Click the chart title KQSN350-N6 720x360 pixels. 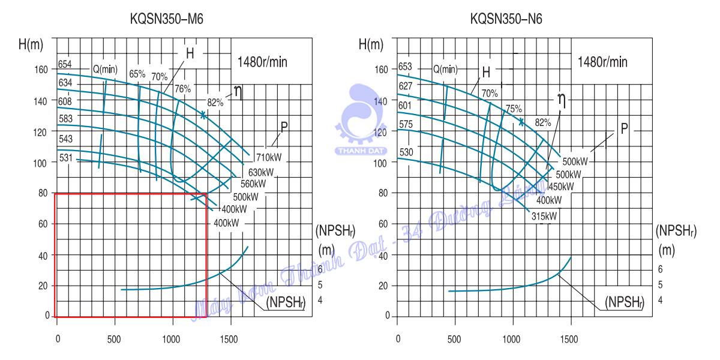(506, 19)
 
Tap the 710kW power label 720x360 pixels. (269, 158)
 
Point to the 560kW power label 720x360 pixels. (253, 184)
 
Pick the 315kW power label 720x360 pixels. (544, 216)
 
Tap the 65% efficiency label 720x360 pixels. (137, 74)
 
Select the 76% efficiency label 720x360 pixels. (182, 88)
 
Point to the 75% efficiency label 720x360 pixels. (514, 109)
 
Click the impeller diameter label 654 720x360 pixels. (65, 64)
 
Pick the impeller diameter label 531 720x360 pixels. (66, 158)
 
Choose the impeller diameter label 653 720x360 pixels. (405, 67)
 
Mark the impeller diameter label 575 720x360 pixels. (406, 124)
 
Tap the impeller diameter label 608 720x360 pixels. (65, 101)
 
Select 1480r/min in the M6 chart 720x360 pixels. (262, 62)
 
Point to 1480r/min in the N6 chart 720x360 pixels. (602, 62)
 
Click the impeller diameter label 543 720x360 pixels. (65, 139)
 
